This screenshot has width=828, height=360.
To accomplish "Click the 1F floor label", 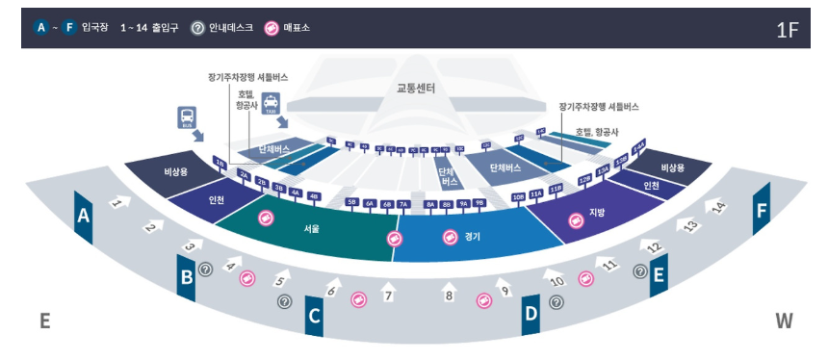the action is (x=787, y=29).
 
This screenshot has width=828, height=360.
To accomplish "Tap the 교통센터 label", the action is (x=416, y=89).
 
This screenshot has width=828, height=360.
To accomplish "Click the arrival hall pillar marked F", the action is (x=762, y=211).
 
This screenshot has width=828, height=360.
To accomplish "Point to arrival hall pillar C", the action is (x=314, y=315).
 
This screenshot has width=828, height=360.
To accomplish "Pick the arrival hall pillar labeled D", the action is (x=530, y=312).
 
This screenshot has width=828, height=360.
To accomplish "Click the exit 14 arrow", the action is (x=717, y=206).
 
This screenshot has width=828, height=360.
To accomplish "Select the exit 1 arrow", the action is (x=118, y=203).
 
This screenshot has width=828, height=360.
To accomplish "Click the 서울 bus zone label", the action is (x=311, y=229).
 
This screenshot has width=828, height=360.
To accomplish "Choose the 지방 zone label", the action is (x=597, y=213).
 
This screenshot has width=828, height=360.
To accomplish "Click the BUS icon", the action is (x=187, y=118).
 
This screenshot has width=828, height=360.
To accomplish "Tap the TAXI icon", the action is (x=271, y=101).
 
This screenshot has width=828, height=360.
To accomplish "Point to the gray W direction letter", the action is (x=784, y=321).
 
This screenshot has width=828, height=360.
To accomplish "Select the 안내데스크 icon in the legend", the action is (x=197, y=28).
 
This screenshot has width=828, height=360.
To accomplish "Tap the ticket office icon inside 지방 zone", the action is (x=575, y=222).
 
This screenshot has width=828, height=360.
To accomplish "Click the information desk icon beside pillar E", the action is (x=640, y=271).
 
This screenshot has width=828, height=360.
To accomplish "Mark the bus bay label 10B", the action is (x=518, y=196).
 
